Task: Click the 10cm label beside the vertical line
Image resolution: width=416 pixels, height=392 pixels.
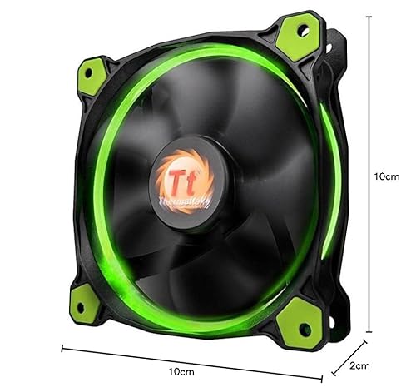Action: [x=389, y=177]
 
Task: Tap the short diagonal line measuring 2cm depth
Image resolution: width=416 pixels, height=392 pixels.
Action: [x=349, y=354]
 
